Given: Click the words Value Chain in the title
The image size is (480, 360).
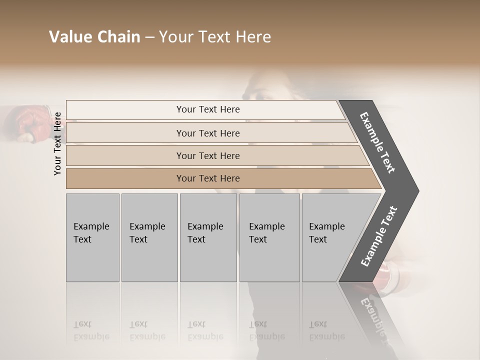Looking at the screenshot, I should click(x=94, y=37).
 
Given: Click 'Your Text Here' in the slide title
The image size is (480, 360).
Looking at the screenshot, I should click(x=215, y=37).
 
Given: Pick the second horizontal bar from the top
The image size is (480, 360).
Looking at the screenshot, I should click(x=208, y=133).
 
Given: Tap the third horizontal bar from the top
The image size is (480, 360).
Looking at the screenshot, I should click(x=208, y=155).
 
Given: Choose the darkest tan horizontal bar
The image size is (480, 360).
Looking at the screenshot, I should click(x=208, y=178).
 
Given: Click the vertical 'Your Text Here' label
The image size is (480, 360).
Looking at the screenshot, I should click(x=57, y=143).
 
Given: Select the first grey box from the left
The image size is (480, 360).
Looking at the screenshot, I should click(x=92, y=237).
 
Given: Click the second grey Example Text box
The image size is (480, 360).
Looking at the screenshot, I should click(x=149, y=237).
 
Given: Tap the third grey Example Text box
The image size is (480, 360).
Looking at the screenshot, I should click(x=208, y=237).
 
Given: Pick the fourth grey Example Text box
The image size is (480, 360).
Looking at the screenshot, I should click(x=269, y=237).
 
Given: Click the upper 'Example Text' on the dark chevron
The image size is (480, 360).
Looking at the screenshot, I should click(x=377, y=142).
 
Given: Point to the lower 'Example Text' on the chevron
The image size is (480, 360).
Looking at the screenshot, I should click(x=379, y=236).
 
